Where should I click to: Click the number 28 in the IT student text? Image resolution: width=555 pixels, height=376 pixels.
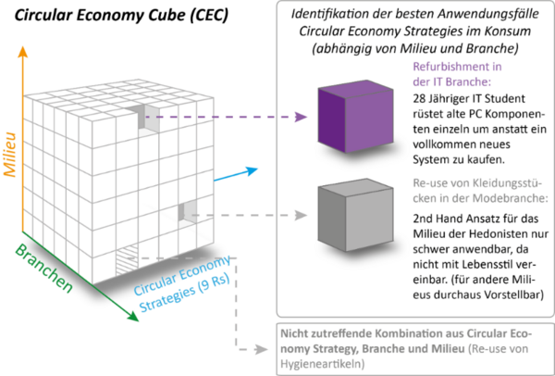click(421, 99)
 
